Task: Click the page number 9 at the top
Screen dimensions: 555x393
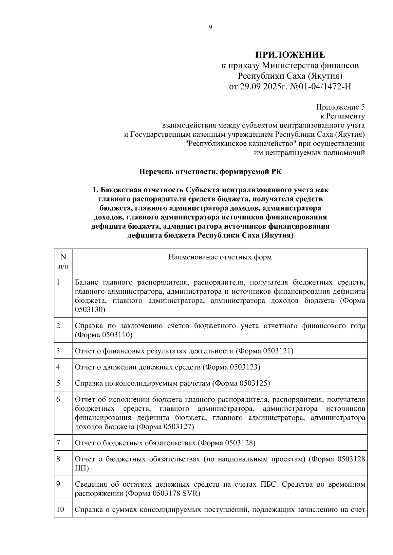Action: tap(210, 27)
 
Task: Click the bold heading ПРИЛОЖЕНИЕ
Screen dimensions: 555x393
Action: tap(290, 55)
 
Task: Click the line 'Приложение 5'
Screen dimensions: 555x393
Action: tap(340, 107)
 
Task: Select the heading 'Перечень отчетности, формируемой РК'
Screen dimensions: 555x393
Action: tap(210, 172)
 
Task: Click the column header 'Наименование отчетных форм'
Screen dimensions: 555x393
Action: tap(220, 257)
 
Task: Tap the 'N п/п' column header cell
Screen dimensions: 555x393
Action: tap(64, 261)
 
